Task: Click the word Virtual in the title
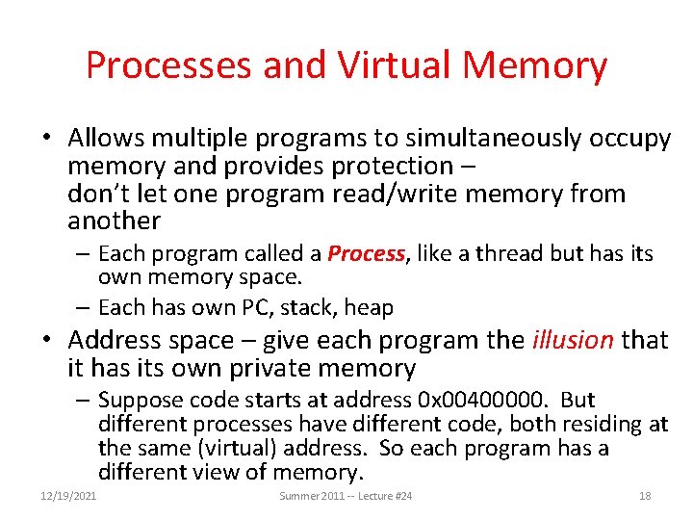click(x=395, y=65)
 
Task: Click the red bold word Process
click(x=367, y=254)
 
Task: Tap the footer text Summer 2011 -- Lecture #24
click(x=346, y=496)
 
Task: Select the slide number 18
click(x=645, y=496)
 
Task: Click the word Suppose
click(x=141, y=400)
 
